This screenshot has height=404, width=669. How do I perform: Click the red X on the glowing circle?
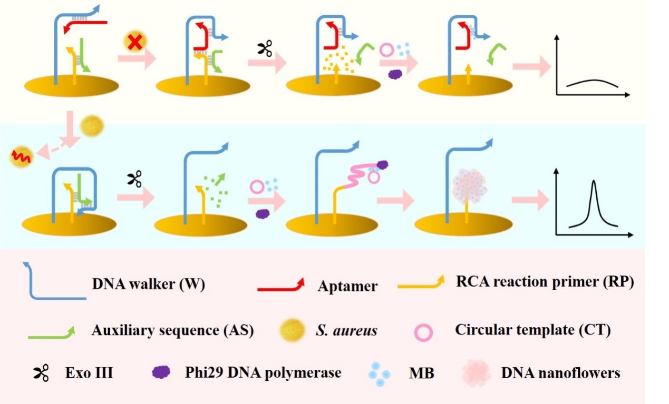click(134, 43)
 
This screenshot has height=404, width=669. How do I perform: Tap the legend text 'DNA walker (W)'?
click(148, 284)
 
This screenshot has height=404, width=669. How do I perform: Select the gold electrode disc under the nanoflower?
click(463, 226)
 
